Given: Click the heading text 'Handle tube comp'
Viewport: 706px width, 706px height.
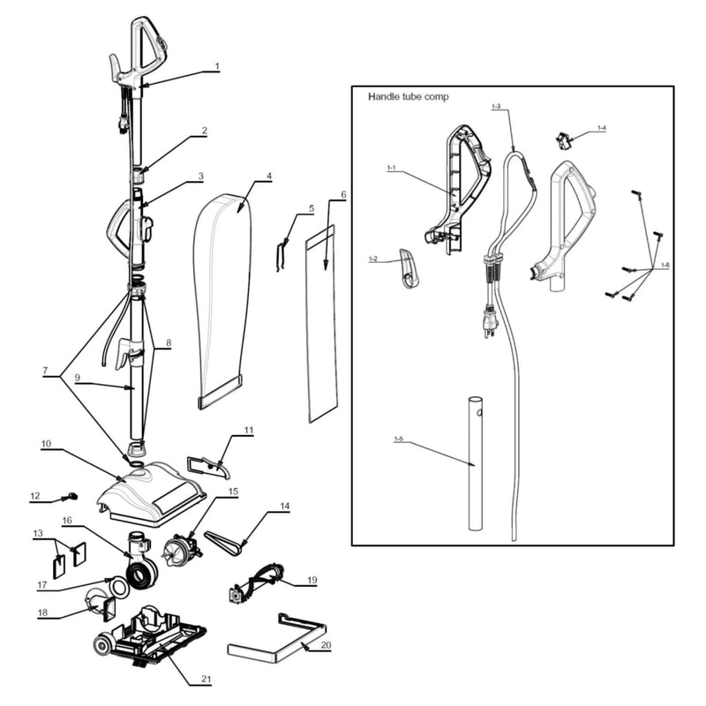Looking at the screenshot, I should point(408,96).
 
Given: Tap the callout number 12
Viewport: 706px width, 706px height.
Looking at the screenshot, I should point(35,497).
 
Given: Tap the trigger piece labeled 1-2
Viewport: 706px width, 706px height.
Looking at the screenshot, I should point(409,268).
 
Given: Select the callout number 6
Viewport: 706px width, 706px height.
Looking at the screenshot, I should point(342,194).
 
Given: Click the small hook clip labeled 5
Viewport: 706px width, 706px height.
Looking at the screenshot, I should point(282,253).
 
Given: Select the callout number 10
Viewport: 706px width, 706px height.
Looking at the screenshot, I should point(46,443).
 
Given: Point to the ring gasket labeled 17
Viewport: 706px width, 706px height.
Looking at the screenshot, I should point(116,586).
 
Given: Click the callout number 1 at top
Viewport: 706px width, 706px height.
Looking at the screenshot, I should point(217,66).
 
